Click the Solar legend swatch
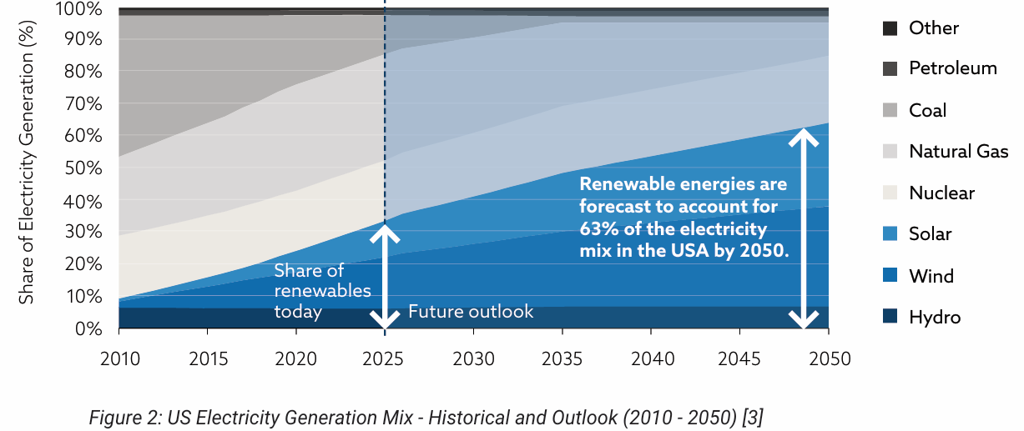click(x=890, y=234)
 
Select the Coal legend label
click(x=927, y=110)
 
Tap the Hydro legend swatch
click(x=890, y=317)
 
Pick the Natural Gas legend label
click(x=958, y=152)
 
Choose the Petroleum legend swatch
click(x=890, y=68)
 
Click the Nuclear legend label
click(x=941, y=193)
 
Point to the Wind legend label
click(x=931, y=276)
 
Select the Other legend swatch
click(x=890, y=28)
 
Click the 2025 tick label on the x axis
click(x=385, y=359)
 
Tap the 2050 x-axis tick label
click(x=829, y=359)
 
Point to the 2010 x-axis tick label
click(x=119, y=359)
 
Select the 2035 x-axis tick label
click(x=562, y=359)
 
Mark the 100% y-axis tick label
click(x=81, y=9)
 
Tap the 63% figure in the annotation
click(x=596, y=228)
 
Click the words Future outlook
click(x=471, y=312)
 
